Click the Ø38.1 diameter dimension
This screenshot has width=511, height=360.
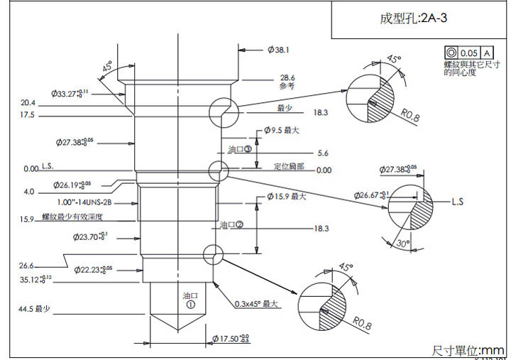pyautogui.click(x=278, y=50)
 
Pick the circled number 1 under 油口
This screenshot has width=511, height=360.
pyautogui.click(x=190, y=304)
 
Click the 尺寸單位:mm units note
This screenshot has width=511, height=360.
pyautogui.click(x=468, y=350)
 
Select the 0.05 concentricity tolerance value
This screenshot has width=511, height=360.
pyautogui.click(x=469, y=53)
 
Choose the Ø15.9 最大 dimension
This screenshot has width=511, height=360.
pyautogui.click(x=286, y=196)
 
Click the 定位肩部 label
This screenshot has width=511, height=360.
pyautogui.click(x=289, y=166)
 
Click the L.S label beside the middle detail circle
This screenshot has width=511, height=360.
pyautogui.click(x=457, y=202)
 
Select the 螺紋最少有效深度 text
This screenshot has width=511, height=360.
pyautogui.click(x=72, y=217)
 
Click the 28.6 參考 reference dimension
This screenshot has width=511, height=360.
pyautogui.click(x=287, y=81)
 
